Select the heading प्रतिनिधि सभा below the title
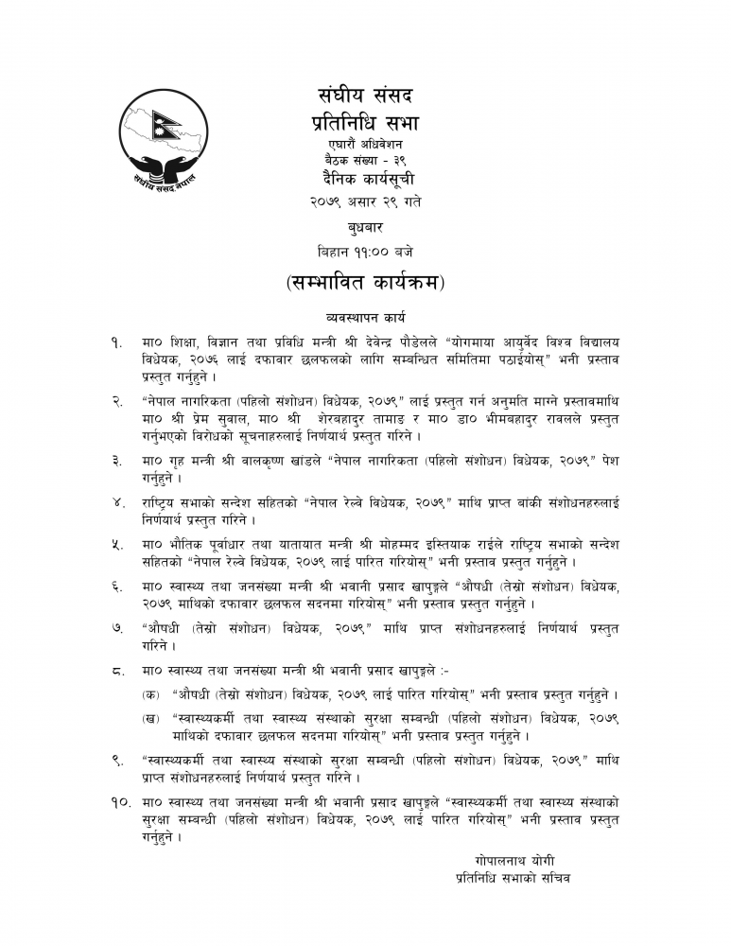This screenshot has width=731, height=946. click(365, 123)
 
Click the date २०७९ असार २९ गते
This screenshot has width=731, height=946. click(365, 201)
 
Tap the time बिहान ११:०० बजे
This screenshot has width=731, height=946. click(365, 252)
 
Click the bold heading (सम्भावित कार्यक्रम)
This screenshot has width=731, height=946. click(365, 283)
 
